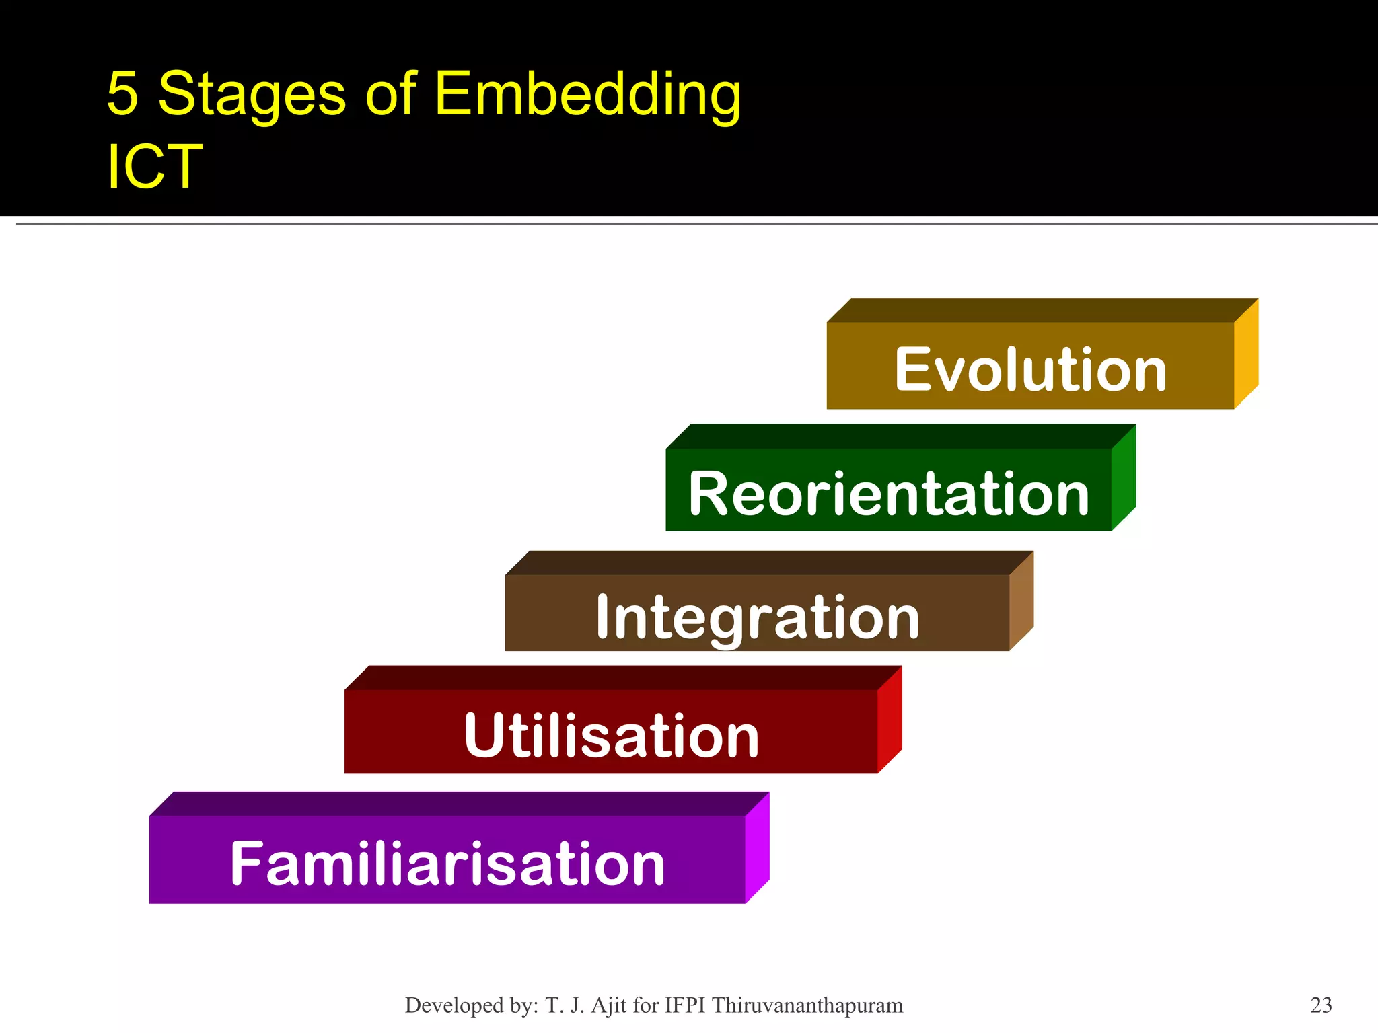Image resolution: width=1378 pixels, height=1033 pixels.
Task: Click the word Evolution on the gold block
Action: pos(1030,370)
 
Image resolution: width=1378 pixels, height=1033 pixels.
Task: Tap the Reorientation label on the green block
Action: pos(888,494)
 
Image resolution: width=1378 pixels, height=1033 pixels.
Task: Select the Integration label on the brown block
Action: pos(758,617)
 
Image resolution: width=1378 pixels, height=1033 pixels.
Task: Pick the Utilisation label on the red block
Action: pos(611,736)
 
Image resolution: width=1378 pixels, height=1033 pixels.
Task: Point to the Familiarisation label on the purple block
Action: pos(447,864)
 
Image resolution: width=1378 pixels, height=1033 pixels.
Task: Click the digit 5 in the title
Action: pos(122,94)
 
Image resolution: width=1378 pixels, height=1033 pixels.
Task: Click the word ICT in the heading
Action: pos(154,167)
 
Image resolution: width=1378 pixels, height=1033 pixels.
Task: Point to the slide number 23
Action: pos(1321,1005)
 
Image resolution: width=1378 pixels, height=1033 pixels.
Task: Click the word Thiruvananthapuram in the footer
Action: pos(807,1005)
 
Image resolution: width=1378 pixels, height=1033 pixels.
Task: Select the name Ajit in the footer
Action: pos(609,1005)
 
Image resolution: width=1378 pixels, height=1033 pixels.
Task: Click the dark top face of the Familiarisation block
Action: pos(458,804)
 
